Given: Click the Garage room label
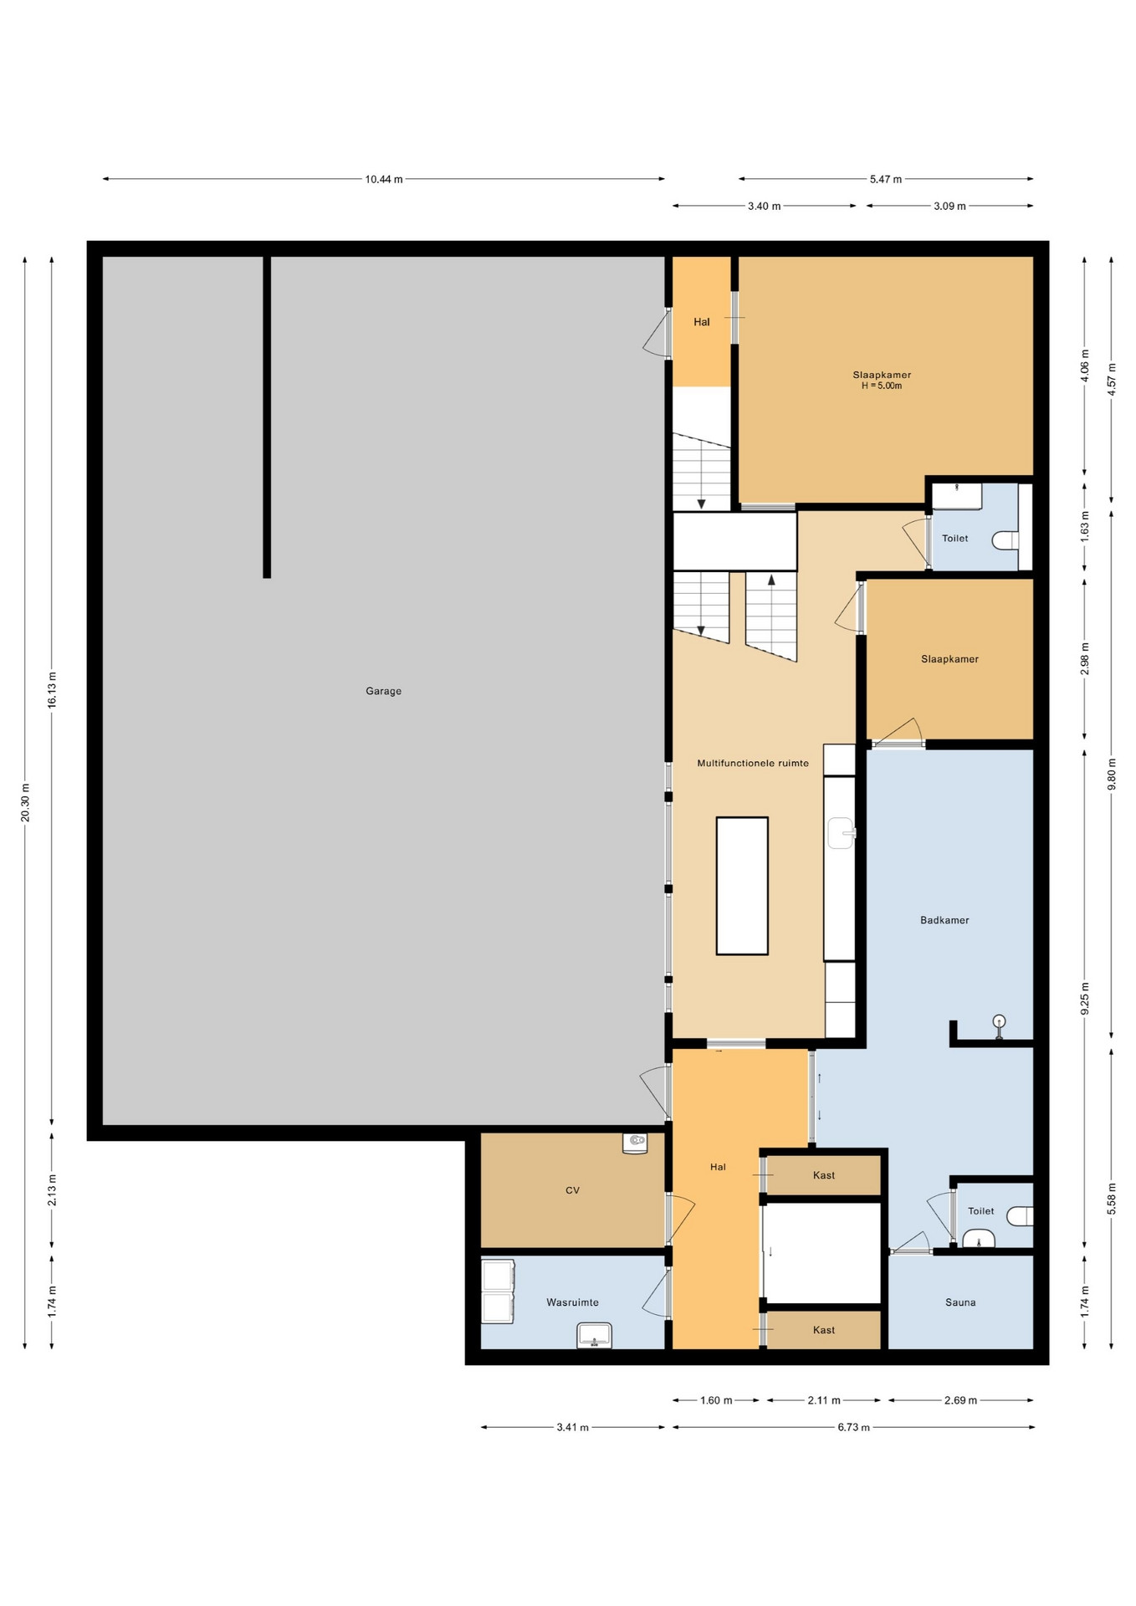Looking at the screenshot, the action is point(383,691).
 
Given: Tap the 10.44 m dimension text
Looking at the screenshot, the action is point(383,179).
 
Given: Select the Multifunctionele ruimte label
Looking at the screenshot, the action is point(753,763).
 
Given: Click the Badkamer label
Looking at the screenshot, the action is point(944,920).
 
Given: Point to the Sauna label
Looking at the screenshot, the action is point(960,1302).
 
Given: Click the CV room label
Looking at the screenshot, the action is point(572,1190).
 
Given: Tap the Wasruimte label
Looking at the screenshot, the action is point(572,1302).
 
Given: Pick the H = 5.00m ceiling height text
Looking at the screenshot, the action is point(882,386).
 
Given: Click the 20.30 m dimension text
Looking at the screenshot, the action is point(26,803).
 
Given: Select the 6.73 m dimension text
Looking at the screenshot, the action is point(853,1427).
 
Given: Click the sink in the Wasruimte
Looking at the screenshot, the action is point(594,1335).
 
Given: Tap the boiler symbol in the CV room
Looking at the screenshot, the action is point(635,1143).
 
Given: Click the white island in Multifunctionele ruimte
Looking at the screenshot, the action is point(742,886).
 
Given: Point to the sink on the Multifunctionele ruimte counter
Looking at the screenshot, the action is point(841,833).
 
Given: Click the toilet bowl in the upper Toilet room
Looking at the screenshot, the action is point(1006,540).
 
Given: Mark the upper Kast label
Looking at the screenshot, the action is point(824,1175).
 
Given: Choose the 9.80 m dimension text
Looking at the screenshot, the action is point(1112,774).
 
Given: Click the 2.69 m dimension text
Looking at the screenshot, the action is point(960,1400).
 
